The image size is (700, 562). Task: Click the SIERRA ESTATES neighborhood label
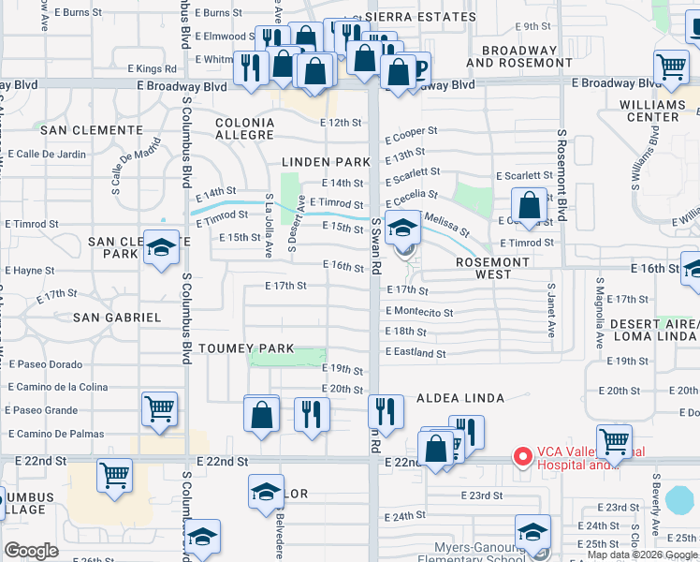[x=421, y=18]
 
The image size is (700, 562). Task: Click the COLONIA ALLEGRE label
[x=244, y=129]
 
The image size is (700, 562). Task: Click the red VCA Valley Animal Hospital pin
[x=522, y=457]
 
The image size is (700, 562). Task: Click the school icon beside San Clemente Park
[x=161, y=248]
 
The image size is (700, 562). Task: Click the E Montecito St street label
[x=418, y=312]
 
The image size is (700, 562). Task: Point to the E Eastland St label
[x=415, y=353]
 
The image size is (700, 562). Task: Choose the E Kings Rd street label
[x=151, y=68]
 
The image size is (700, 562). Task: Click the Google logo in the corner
[x=32, y=551]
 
